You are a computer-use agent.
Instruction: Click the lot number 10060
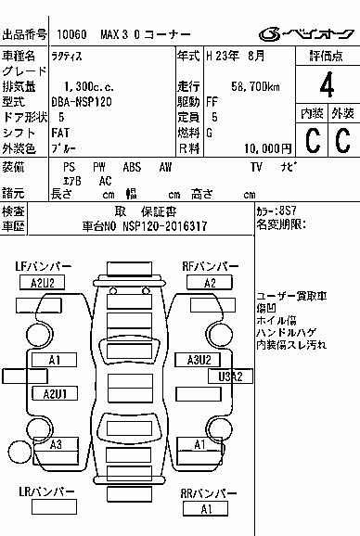click(x=71, y=34)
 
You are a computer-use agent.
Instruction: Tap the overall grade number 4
click(x=327, y=84)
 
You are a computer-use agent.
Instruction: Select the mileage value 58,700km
click(x=255, y=86)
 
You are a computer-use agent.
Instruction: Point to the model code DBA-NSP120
click(x=82, y=102)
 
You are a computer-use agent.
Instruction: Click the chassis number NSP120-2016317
click(x=165, y=226)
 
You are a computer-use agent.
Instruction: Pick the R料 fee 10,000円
click(x=268, y=148)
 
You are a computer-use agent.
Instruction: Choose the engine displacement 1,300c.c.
click(x=89, y=86)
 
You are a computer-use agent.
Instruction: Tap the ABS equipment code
click(x=132, y=167)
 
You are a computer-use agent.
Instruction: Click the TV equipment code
click(x=256, y=167)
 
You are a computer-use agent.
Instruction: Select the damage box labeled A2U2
click(x=42, y=283)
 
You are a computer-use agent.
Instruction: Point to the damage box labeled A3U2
click(x=198, y=360)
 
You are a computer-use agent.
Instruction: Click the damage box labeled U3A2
click(x=230, y=376)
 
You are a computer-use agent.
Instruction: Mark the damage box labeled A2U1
click(x=55, y=393)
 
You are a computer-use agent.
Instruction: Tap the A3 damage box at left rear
click(x=56, y=444)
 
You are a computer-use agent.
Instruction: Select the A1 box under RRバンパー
click(x=205, y=509)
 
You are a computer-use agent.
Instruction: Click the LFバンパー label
click(x=44, y=266)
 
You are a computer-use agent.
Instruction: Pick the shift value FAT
click(x=60, y=133)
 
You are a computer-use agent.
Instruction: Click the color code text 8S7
click(x=288, y=211)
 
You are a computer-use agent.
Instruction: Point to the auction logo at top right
click(x=306, y=33)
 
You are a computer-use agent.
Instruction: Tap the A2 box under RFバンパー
click(x=210, y=283)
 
